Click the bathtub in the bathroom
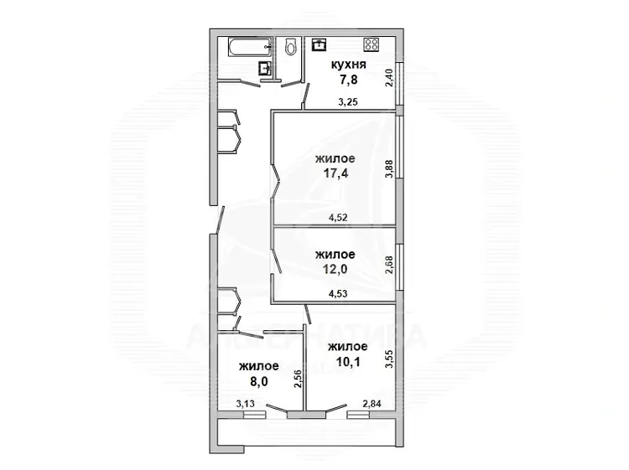[250, 47]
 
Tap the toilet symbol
[290, 46]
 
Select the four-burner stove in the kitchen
[372, 44]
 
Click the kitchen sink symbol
[320, 44]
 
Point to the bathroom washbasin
[264, 68]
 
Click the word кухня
[348, 65]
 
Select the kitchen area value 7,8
[348, 80]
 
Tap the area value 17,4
[336, 173]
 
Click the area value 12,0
[335, 269]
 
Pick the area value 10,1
[348, 362]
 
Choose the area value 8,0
[259, 381]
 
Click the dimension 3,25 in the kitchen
[348, 102]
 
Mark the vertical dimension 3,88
[389, 169]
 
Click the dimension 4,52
[338, 218]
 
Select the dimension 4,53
[338, 294]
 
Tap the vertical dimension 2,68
[389, 265]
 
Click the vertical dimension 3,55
[389, 359]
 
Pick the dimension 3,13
[245, 404]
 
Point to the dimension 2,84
[372, 404]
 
